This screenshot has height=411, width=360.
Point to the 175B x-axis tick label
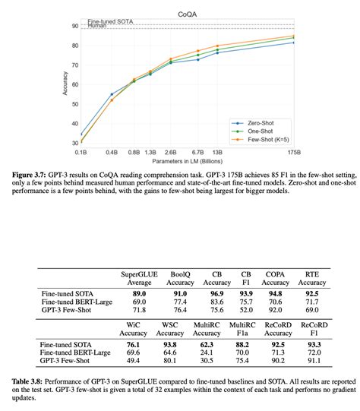295,152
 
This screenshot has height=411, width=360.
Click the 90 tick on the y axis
74,26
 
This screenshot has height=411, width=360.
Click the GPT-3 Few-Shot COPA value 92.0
274,310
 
